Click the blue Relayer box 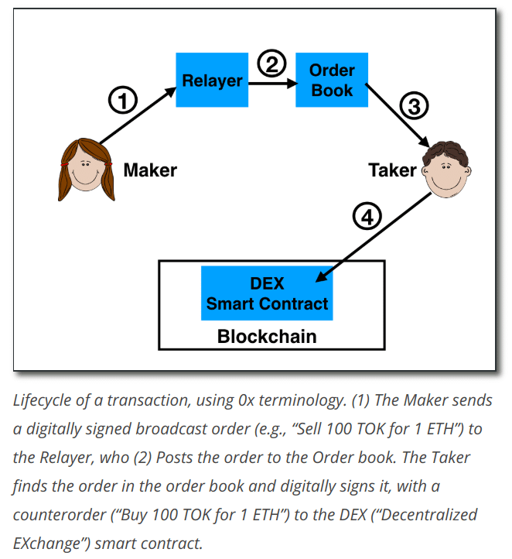point(212,81)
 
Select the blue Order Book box point(331,81)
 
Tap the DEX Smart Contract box point(268,293)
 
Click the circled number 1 point(122,100)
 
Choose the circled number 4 point(367,218)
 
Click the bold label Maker point(151,170)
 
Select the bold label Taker point(392,170)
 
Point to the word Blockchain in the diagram point(267,337)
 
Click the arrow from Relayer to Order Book point(272,81)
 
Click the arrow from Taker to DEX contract point(375,235)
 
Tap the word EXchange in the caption point(48,543)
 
